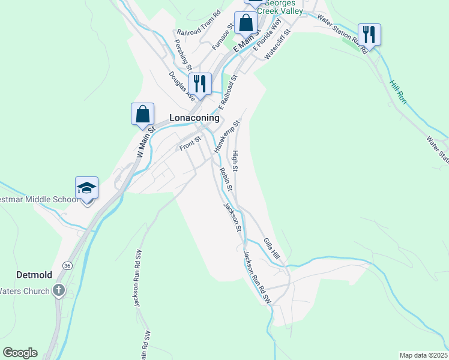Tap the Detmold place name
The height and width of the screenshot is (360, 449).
pos(34,275)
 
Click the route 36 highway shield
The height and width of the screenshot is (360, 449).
pos(67,265)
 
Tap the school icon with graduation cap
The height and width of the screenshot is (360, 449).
pos(86,188)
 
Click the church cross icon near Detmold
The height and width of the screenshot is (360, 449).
pos(58,291)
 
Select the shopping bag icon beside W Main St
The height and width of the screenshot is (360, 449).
pos(143,113)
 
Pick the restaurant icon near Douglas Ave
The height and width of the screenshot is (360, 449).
pos(200,83)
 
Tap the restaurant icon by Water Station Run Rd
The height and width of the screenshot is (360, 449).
pos(369,34)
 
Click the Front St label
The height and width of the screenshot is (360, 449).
pos(189,144)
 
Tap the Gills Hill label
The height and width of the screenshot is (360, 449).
pos(272,248)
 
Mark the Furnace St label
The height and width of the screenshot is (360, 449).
pos(223,37)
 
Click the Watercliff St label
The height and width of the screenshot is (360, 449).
pos(278,43)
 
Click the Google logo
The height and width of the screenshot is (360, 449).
pos(20,353)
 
